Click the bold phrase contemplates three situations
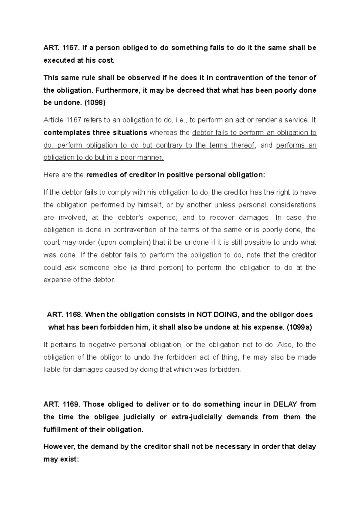[x=95, y=132]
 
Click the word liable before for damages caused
[x=52, y=370]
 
